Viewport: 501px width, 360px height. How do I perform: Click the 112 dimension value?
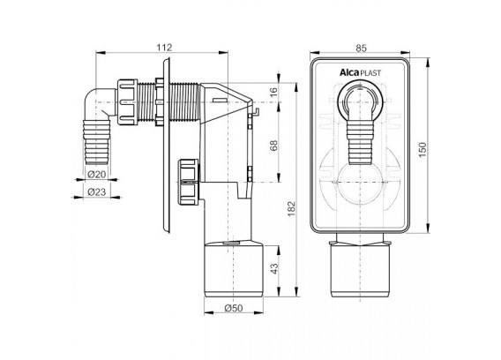pos(164,48)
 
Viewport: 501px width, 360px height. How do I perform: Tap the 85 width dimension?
pos(361,48)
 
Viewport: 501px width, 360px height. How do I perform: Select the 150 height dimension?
pos(422,150)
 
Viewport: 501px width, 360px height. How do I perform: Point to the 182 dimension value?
pos(292,208)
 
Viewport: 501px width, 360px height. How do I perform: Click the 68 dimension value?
pos(273,146)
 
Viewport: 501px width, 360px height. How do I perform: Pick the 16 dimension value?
pos(273,93)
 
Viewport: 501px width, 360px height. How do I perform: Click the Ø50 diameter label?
pos(234,308)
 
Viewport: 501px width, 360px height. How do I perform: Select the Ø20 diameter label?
pos(96,174)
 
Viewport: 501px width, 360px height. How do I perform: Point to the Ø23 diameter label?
pos(96,191)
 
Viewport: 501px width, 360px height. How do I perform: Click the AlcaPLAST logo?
pos(360,73)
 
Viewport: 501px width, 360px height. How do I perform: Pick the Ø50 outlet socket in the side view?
pos(234,269)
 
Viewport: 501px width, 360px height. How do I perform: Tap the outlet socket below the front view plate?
pos(360,268)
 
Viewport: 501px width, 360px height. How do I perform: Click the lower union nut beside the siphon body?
pos(189,182)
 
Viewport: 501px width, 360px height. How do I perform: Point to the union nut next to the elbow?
pos(127,101)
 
